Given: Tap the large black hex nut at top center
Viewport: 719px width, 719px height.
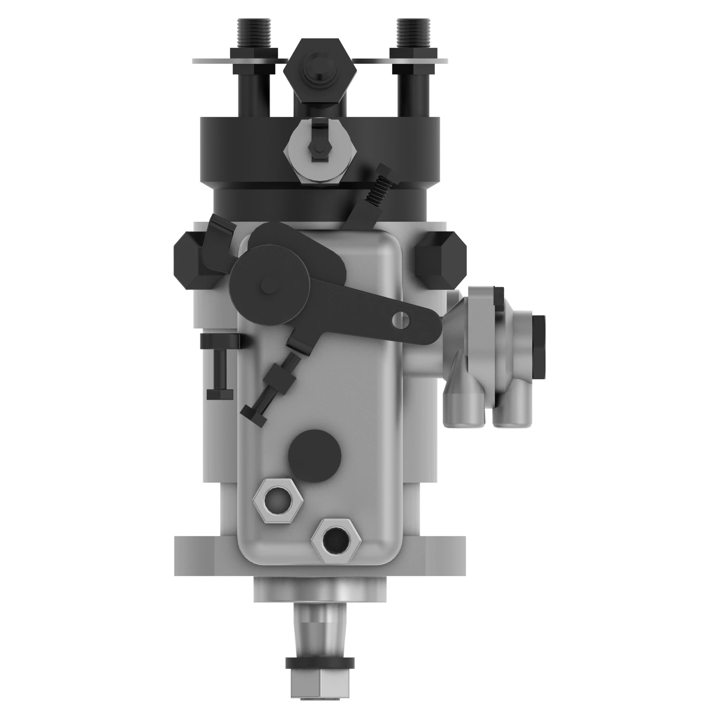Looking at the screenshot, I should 320,71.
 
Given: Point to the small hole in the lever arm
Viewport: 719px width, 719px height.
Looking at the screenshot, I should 400,319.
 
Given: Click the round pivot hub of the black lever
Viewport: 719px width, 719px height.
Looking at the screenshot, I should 269,284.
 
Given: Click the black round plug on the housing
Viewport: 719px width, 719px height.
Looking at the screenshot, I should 315,455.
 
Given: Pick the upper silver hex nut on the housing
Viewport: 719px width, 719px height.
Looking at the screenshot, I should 277,500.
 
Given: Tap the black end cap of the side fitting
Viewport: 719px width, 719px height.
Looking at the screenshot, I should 539,346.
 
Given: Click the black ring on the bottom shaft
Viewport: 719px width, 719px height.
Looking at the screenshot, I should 320,663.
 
